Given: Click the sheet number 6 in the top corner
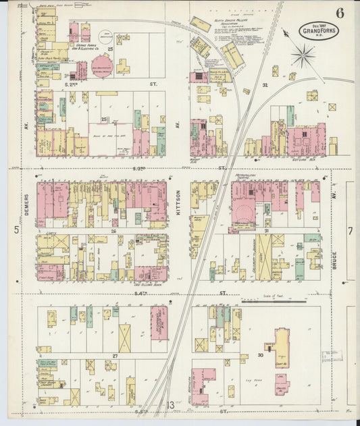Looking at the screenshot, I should (x=338, y=13).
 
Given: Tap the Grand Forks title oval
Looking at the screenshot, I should (x=316, y=32).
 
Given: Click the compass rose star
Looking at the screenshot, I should (x=304, y=56).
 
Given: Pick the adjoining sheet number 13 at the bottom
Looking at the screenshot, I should (x=172, y=405).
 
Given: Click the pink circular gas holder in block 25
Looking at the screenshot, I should (x=102, y=66).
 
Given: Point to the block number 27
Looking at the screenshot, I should (x=115, y=354).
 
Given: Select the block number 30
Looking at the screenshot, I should (x=261, y=354).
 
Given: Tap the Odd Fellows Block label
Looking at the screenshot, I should (x=147, y=285).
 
